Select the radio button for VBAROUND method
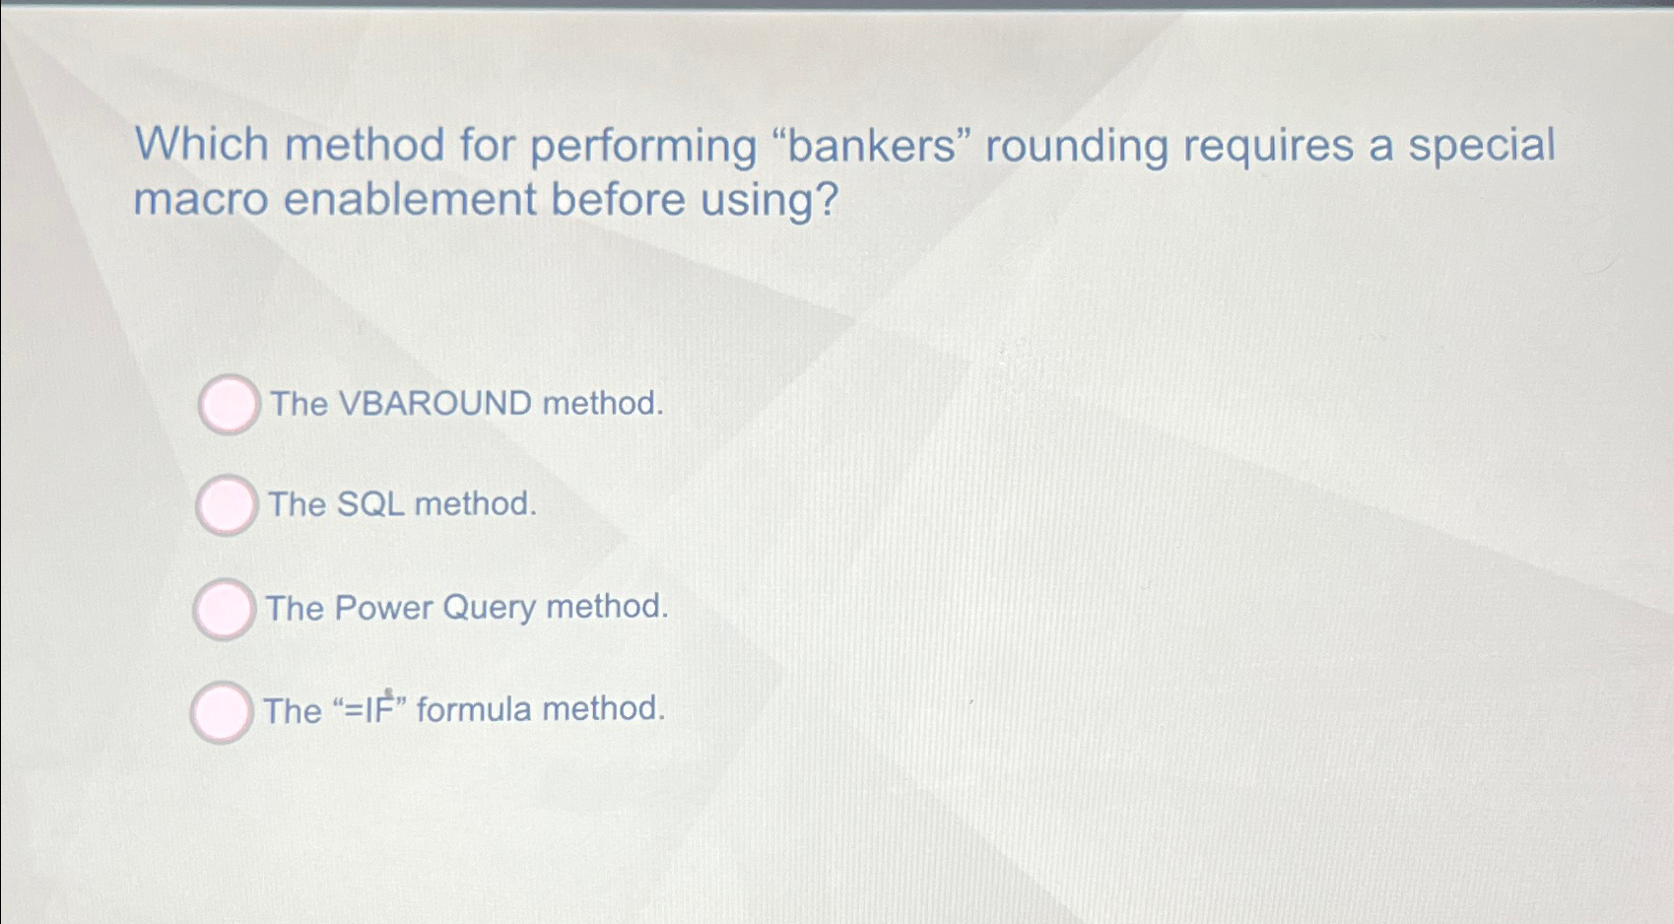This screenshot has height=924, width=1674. click(x=229, y=404)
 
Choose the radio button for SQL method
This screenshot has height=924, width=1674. click(x=227, y=505)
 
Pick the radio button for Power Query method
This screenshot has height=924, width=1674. click(x=224, y=609)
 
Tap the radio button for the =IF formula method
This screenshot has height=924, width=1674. click(x=221, y=711)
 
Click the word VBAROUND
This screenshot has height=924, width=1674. click(x=435, y=404)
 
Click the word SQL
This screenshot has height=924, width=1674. click(x=370, y=504)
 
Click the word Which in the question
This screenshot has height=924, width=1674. click(x=202, y=145)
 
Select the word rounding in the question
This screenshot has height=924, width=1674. click(x=1076, y=146)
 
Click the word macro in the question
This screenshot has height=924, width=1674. click(x=201, y=200)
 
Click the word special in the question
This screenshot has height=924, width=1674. click(x=1481, y=146)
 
